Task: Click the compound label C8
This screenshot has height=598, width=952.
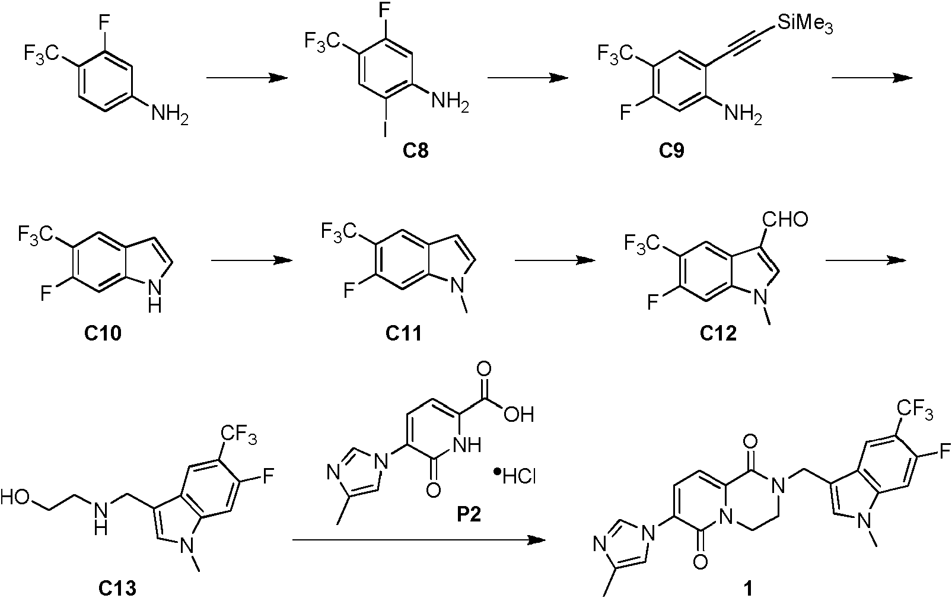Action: point(416,150)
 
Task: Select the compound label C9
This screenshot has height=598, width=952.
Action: point(671,150)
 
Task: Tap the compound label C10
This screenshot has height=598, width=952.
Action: point(103,333)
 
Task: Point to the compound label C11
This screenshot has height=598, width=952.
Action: point(404,333)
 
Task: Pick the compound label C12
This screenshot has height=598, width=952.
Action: point(718,333)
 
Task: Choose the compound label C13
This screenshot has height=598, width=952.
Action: point(117,589)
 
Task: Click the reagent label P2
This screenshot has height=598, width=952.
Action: point(469,515)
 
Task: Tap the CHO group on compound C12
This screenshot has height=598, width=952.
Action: point(785,220)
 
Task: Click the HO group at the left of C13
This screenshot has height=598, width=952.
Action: point(15,498)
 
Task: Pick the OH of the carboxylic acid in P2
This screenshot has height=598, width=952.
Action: point(519,414)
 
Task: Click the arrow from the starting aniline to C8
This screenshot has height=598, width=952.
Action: point(247,78)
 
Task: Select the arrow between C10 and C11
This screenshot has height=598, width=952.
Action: point(252,260)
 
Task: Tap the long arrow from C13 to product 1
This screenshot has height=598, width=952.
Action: point(419,540)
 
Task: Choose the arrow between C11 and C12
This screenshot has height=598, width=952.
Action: point(555,260)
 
